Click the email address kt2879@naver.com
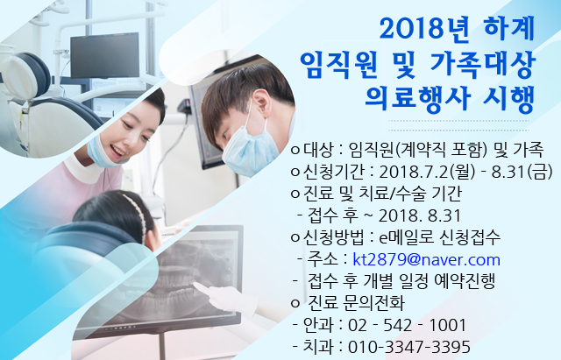(x=426, y=259)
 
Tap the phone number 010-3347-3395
(x=409, y=347)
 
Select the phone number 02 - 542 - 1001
(x=407, y=325)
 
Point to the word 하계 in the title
(x=509, y=28)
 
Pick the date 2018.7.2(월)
(x=427, y=172)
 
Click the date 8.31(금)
(x=522, y=172)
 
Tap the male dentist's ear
(x=261, y=102)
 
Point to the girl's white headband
(x=137, y=212)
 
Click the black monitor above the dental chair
(x=105, y=55)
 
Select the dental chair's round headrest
(x=27, y=76)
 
